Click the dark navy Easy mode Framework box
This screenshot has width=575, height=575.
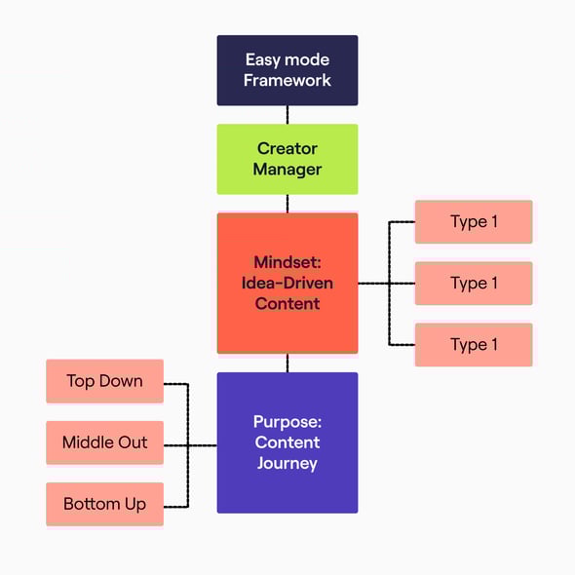click(287, 70)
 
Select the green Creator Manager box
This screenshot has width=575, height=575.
click(287, 159)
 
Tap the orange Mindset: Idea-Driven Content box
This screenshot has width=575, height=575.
click(287, 283)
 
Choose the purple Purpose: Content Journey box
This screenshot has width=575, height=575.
click(287, 442)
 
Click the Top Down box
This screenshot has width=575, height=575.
click(104, 381)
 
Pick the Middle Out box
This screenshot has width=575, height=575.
click(104, 442)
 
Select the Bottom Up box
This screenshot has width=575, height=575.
click(104, 504)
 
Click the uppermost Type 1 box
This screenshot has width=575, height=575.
click(474, 222)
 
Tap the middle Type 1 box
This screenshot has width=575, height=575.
click(474, 284)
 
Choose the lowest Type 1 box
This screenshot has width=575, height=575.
click(474, 345)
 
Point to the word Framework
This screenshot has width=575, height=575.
click(287, 81)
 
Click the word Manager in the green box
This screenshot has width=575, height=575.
click(287, 170)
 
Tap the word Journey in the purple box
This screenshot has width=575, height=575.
click(287, 463)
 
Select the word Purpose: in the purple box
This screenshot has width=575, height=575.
click(287, 422)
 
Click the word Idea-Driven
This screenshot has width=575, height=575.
click(287, 283)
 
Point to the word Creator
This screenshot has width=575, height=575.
click(287, 149)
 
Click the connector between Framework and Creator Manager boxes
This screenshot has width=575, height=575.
click(287, 115)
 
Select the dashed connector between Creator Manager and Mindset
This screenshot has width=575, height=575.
click(287, 204)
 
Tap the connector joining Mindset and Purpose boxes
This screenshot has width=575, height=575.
click(287, 363)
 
